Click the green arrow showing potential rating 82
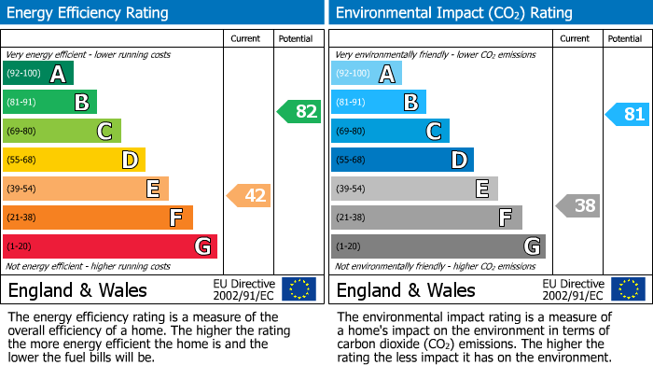pos(299,112)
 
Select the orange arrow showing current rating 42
pos(249,196)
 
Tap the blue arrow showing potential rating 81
pos(627,115)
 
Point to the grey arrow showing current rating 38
pos(577,205)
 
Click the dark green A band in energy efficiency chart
pos(38,74)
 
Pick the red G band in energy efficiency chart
pos(110,246)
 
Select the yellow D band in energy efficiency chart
pos(74,161)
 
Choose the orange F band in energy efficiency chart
pos(98,218)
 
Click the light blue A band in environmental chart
pos(367,74)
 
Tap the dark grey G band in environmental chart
pos(438,246)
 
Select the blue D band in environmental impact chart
pos(402,161)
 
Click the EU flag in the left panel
pos(299,289)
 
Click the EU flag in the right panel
pos(627,289)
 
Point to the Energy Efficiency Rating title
pos(89,13)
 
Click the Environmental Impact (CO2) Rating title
pos(453,13)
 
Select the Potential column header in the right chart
pos(625,39)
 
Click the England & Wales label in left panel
pos(77,290)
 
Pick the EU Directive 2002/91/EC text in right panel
pos(573,289)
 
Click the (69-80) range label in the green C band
pos(22,132)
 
